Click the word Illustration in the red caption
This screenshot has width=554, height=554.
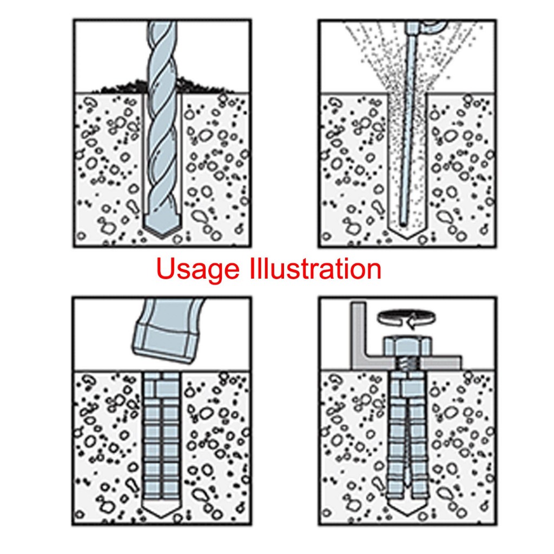[x=314, y=269]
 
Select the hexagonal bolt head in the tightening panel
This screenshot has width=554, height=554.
[x=406, y=347]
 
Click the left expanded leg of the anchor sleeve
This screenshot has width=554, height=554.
[x=395, y=449]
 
